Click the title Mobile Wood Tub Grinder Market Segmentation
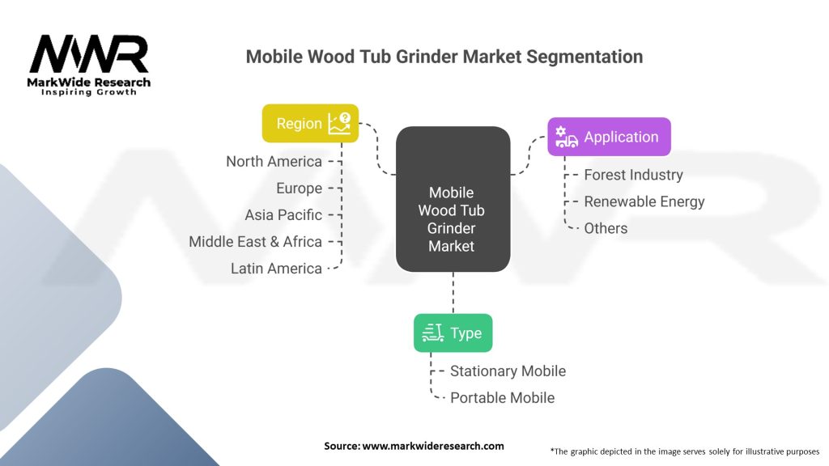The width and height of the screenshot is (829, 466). click(444, 57)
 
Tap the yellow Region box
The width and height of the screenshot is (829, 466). click(310, 124)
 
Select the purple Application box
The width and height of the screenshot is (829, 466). click(609, 137)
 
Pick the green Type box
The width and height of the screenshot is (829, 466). click(453, 333)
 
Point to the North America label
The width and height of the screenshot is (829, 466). click(274, 162)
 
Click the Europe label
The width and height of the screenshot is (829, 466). click(299, 189)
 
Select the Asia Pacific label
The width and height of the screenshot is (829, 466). click(283, 215)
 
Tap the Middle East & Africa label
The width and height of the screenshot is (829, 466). click(255, 242)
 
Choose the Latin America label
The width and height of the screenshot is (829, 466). click(276, 269)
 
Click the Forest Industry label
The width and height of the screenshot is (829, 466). click(633, 175)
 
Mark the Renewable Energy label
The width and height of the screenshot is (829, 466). click(644, 201)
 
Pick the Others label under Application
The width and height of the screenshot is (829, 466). click(606, 228)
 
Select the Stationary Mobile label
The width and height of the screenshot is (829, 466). click(508, 371)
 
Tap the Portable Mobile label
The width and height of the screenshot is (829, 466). click(502, 398)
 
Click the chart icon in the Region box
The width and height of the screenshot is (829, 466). click(338, 124)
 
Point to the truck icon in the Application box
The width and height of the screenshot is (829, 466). click(567, 138)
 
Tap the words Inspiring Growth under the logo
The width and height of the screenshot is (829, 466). click(89, 93)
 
